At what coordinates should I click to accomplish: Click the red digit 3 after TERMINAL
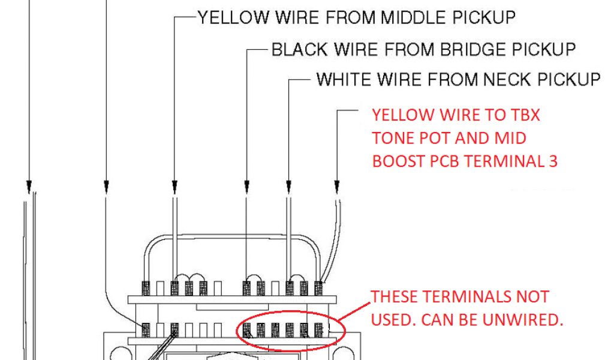click(x=553, y=161)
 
